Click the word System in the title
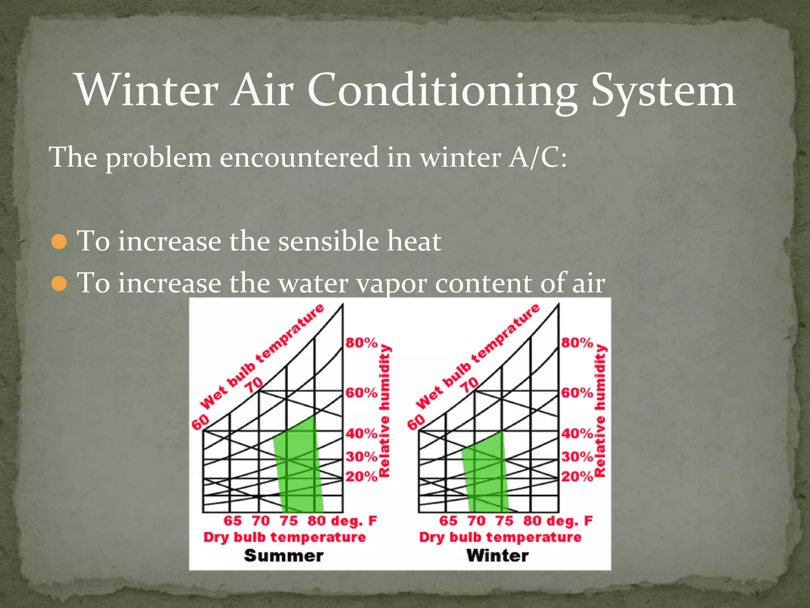(663, 91)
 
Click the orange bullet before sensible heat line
(59, 241)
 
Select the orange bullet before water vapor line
(59, 283)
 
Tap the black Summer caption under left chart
(284, 555)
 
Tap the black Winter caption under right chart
(497, 555)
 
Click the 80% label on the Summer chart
(361, 342)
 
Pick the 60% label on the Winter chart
(577, 393)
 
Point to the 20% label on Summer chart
(361, 476)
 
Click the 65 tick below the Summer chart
(233, 521)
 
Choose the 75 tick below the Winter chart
(504, 521)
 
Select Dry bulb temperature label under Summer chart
(284, 537)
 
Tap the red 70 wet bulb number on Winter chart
(469, 384)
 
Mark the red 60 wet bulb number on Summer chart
(200, 422)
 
